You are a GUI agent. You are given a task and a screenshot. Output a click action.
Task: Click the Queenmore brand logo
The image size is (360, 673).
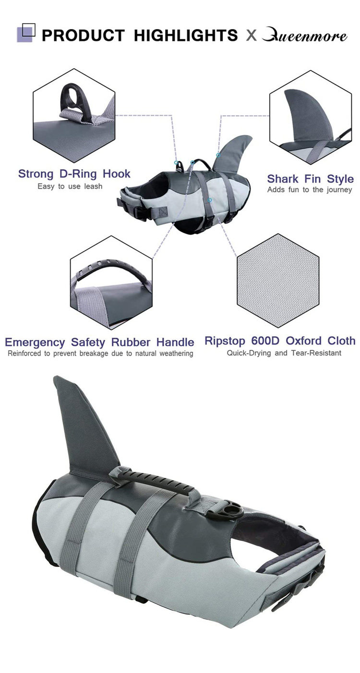305,36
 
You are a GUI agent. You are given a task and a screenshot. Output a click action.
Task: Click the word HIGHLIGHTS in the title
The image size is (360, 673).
186,35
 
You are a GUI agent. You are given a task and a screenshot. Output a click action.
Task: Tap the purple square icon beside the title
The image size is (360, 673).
26,33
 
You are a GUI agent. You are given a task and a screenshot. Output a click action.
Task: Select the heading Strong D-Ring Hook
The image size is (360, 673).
74,174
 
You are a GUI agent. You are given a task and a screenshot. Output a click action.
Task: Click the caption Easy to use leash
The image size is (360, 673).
70,186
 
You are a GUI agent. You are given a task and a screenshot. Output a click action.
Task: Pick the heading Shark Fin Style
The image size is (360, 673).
310,179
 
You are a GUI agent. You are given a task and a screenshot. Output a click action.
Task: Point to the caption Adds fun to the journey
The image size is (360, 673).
310,190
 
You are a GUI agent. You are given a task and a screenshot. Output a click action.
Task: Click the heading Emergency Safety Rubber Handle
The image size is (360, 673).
99,342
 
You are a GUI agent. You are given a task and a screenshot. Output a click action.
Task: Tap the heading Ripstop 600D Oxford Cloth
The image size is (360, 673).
280,341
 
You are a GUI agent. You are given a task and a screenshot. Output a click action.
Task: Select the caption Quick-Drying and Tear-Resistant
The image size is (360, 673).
284,353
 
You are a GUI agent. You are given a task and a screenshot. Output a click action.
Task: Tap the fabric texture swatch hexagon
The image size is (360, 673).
278,280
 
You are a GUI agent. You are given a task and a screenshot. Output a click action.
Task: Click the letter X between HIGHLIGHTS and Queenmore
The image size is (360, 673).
251,35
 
